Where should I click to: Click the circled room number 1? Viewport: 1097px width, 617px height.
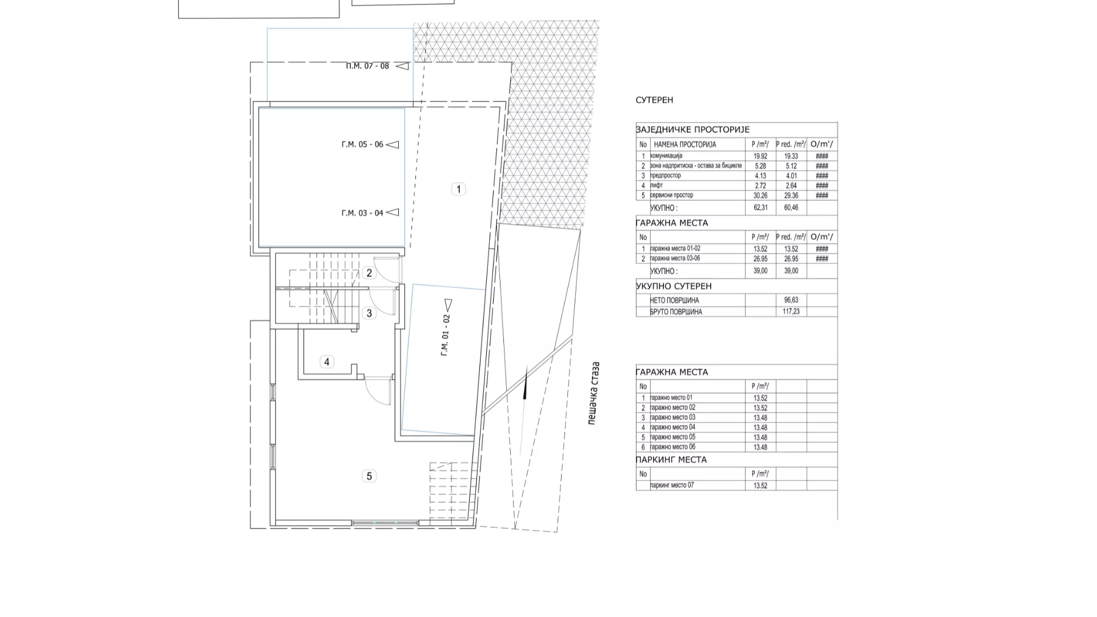pos(458,189)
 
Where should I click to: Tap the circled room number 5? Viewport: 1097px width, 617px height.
pos(369,476)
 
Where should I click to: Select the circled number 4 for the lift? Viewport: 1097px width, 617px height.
pos(327,362)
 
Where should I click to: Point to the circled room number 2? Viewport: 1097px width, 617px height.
pos(369,273)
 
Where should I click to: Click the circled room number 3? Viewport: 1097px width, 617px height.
pos(369,313)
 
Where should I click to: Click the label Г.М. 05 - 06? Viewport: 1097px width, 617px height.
pos(362,145)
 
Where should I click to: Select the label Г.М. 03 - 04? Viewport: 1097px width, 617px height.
pos(362,213)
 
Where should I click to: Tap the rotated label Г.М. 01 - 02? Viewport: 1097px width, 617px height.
pos(446,336)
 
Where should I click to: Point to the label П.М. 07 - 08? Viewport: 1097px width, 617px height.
pos(367,66)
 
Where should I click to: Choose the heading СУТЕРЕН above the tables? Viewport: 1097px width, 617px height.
pos(654,100)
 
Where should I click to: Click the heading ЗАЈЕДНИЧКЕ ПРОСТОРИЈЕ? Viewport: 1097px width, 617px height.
pos(692,130)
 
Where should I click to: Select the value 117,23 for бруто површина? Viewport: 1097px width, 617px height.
pos(791,312)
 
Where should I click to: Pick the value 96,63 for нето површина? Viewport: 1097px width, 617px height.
pos(791,300)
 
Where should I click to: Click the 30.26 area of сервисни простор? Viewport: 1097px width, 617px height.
pos(760,195)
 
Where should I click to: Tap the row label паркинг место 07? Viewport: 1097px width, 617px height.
pos(672,486)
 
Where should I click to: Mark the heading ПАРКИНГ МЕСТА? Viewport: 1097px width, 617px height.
pos(671,460)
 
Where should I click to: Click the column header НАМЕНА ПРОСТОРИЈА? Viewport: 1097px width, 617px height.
pos(685,145)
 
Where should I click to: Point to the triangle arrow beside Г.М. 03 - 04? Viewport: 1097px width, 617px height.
pos(393,213)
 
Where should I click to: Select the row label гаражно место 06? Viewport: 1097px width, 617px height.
pos(673,447)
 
